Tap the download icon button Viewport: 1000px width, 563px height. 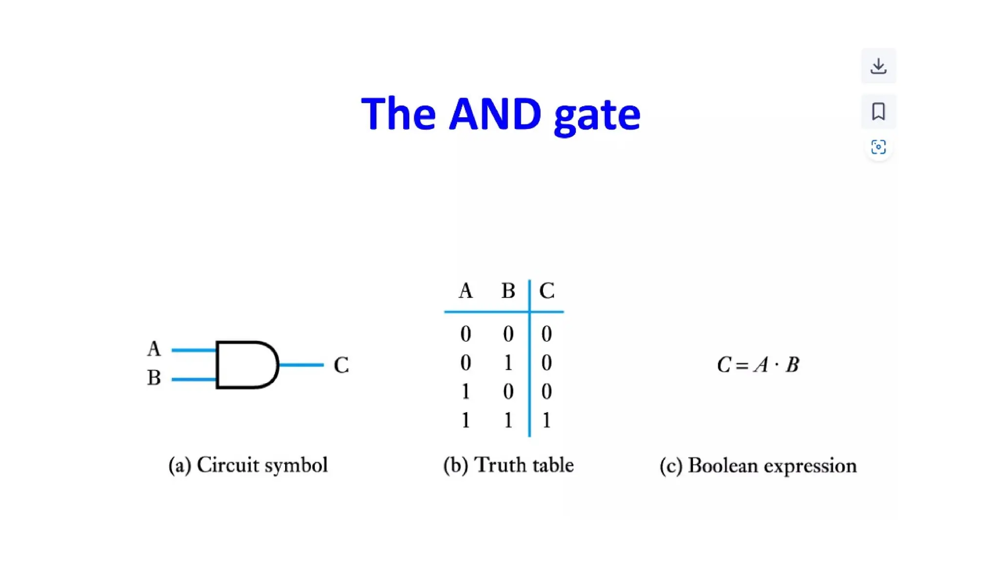878,66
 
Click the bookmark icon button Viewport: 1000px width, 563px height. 878,111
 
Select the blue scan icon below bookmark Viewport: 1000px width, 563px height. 878,147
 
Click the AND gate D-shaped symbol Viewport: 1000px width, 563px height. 247,365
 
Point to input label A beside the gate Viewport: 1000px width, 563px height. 154,349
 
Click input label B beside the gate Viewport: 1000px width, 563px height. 154,378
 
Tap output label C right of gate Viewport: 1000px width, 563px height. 341,365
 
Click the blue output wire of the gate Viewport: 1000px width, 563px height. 301,365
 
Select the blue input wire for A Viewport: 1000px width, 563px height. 193,350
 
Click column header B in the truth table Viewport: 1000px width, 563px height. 508,291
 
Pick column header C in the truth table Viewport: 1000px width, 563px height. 546,291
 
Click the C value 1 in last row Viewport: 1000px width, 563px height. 546,420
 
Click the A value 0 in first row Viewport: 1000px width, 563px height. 465,334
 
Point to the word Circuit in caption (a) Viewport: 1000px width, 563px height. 228,465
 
